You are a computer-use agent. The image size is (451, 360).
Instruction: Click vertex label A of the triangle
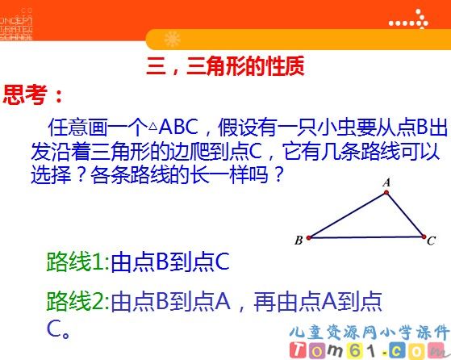coord(386,182)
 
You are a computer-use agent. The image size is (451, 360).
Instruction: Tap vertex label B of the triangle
coord(299,239)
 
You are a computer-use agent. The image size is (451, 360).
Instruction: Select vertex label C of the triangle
coord(432,240)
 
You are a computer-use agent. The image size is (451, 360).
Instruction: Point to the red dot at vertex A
coord(385,193)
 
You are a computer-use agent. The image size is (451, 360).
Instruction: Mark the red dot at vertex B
coord(309,237)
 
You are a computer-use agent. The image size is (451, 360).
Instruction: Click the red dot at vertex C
coord(423,237)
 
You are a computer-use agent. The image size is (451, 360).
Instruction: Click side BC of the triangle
coord(365,237)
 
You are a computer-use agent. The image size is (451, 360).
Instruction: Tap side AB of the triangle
coord(347,215)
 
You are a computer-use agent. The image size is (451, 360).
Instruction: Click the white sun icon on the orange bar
coord(172,39)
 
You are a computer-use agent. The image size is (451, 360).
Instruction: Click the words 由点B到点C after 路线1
coord(170,262)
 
